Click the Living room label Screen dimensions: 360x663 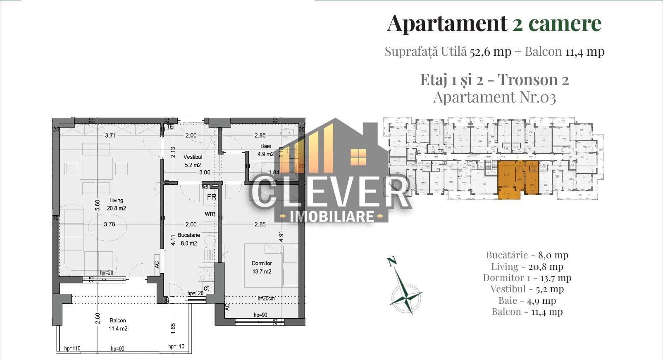click(x=116, y=200)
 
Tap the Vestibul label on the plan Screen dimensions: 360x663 click(x=193, y=157)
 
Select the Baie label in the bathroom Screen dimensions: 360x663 click(x=265, y=146)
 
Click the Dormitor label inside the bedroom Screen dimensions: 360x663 click(x=262, y=263)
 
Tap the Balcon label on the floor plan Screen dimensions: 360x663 click(x=118, y=321)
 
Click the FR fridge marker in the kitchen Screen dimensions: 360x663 click(x=211, y=197)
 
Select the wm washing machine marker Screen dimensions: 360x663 click(x=210, y=214)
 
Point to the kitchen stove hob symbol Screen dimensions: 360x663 click(x=206, y=274)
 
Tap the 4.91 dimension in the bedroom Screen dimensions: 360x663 click(x=281, y=236)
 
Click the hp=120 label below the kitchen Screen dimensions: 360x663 click(x=196, y=293)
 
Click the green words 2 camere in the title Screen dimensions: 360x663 click(x=556, y=23)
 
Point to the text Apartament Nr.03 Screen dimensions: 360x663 click(x=494, y=97)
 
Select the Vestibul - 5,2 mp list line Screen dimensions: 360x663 click(x=527, y=289)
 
